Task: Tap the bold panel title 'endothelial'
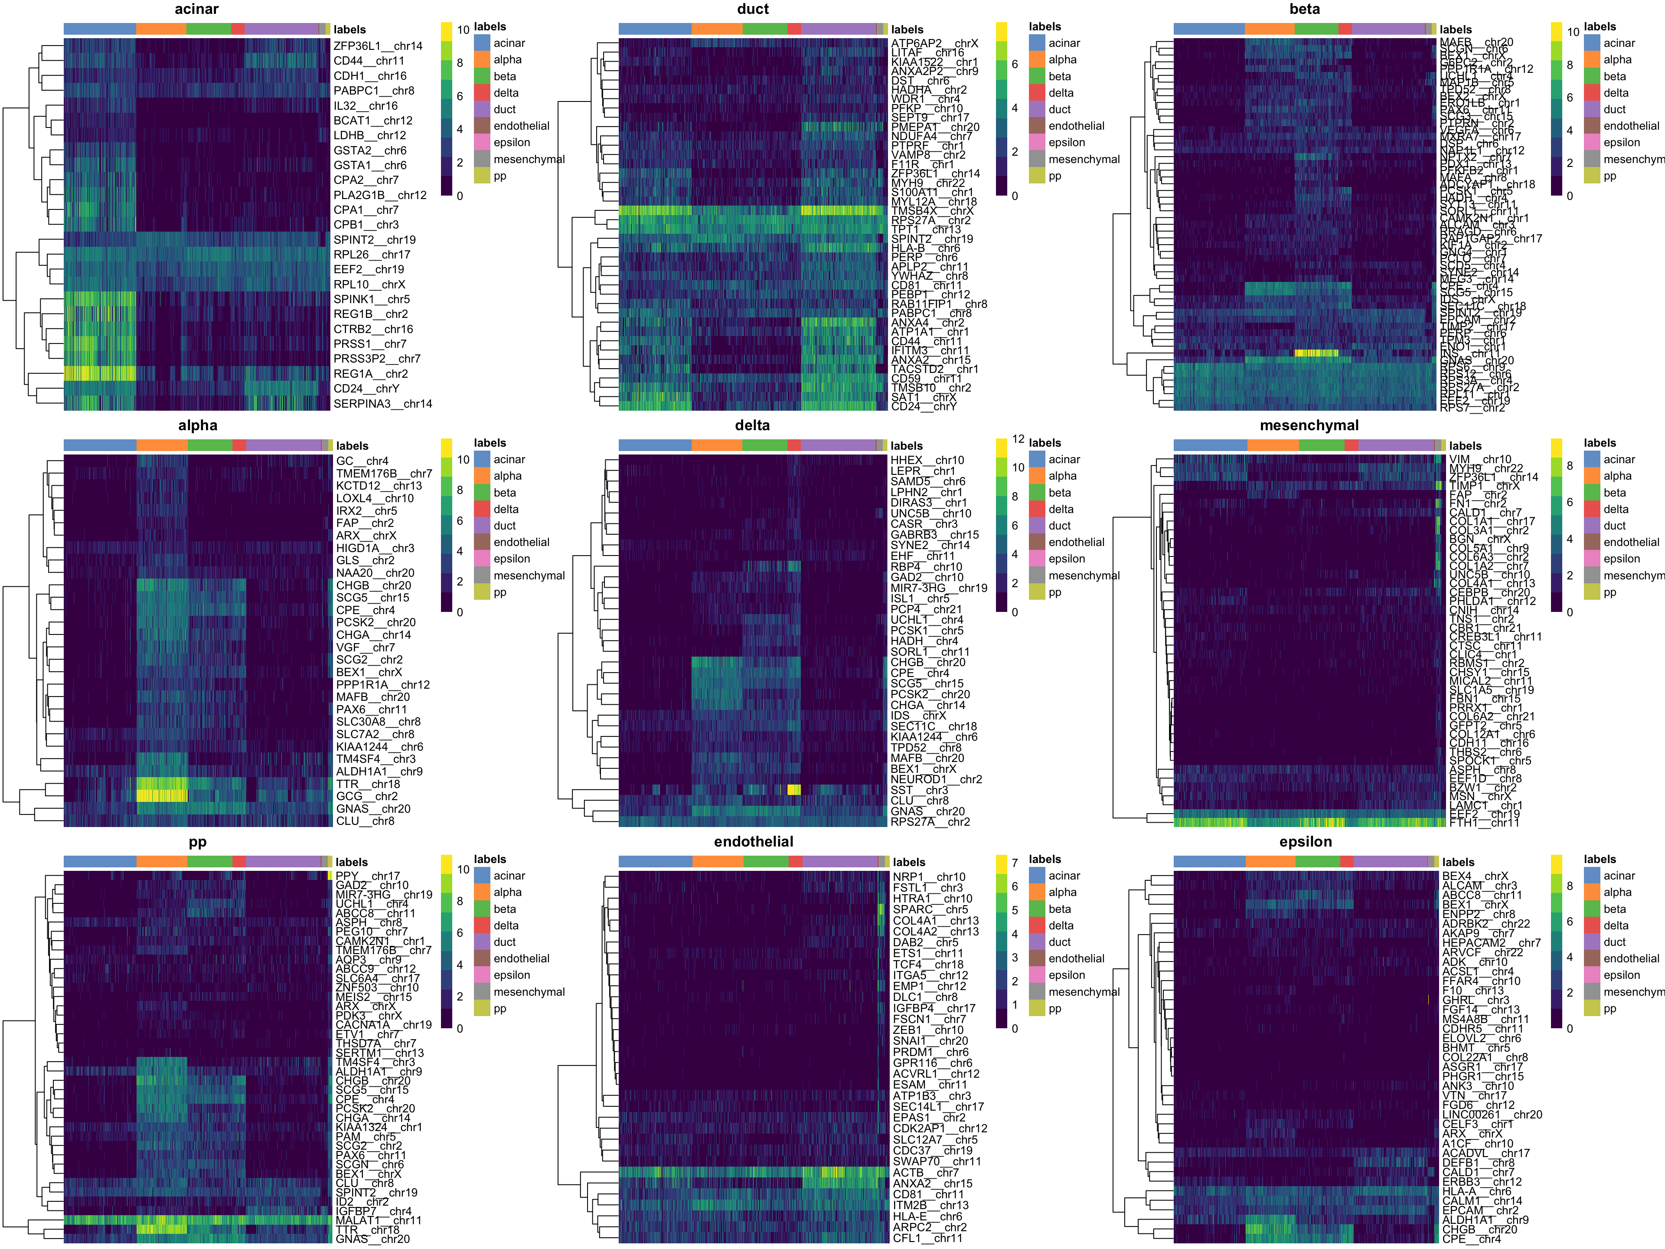coord(754,842)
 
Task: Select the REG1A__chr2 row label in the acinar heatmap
coord(370,373)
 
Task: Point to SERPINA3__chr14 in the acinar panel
coord(382,403)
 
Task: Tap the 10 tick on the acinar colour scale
coord(463,30)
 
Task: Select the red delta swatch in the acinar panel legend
coord(482,93)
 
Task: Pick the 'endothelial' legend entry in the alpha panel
coord(521,542)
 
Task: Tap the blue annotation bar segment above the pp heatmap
coord(100,861)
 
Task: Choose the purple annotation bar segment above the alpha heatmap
coord(283,445)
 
